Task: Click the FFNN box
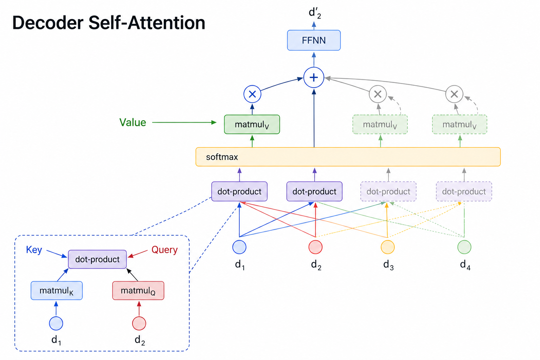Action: point(314,40)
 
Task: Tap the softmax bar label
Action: point(222,157)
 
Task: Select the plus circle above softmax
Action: point(314,77)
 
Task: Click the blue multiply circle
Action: point(252,94)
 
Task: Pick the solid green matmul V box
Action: point(252,124)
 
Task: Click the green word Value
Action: point(133,122)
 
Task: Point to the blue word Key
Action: point(34,250)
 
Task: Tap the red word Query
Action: point(165,250)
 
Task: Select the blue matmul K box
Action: point(57,290)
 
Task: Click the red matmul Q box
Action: point(138,290)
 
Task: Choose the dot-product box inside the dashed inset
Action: point(97,259)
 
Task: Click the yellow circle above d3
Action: point(388,247)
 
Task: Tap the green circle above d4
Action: point(464,247)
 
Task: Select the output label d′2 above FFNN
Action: point(315,13)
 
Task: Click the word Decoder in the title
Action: point(48,22)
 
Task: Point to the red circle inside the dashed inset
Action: point(139,323)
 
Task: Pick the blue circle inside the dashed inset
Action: point(56,323)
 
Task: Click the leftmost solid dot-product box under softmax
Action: point(239,192)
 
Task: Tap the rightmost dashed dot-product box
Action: point(464,192)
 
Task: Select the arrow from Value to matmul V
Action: point(185,122)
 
